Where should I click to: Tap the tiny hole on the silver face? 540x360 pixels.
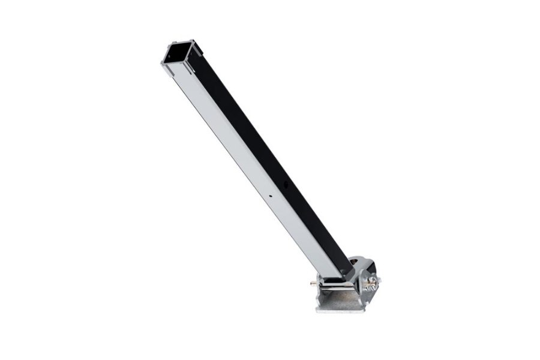point(271,196)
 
